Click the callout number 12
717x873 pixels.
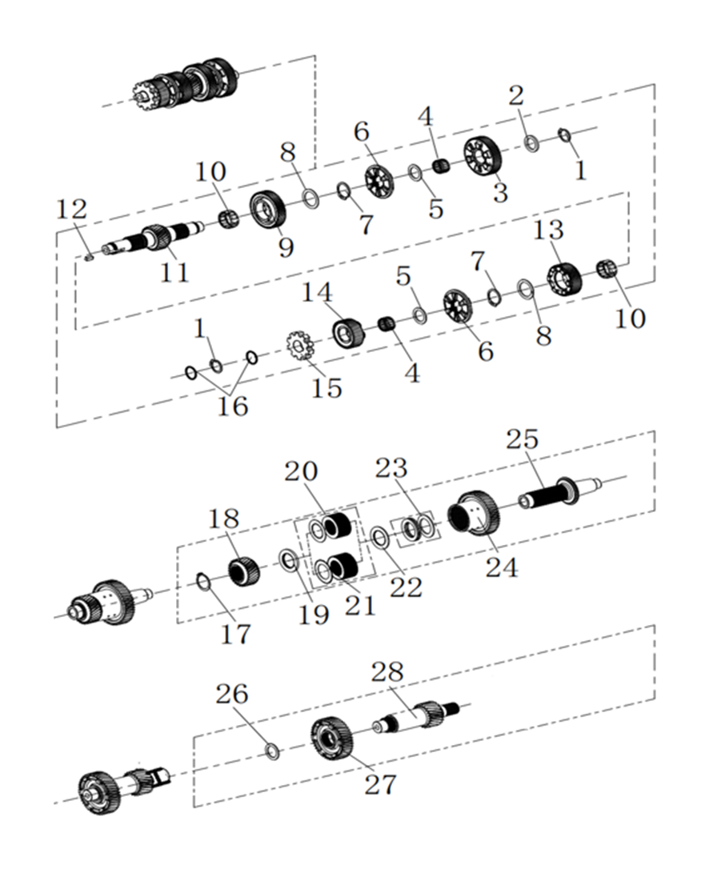coord(71,211)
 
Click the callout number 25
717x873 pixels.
coord(522,439)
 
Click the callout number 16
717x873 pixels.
coord(230,406)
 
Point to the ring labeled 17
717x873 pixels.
coord(204,581)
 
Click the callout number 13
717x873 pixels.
coord(549,231)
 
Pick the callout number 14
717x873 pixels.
coord(318,292)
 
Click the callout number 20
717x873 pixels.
coord(301,471)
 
